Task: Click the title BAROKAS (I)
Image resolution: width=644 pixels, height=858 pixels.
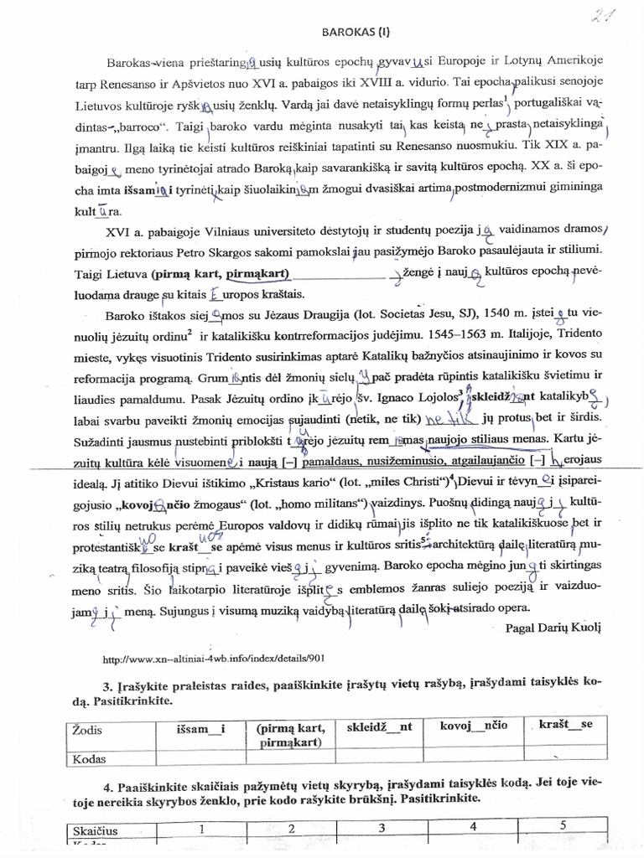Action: click(356, 33)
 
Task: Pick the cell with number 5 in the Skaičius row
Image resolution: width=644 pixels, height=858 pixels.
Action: click(563, 825)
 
